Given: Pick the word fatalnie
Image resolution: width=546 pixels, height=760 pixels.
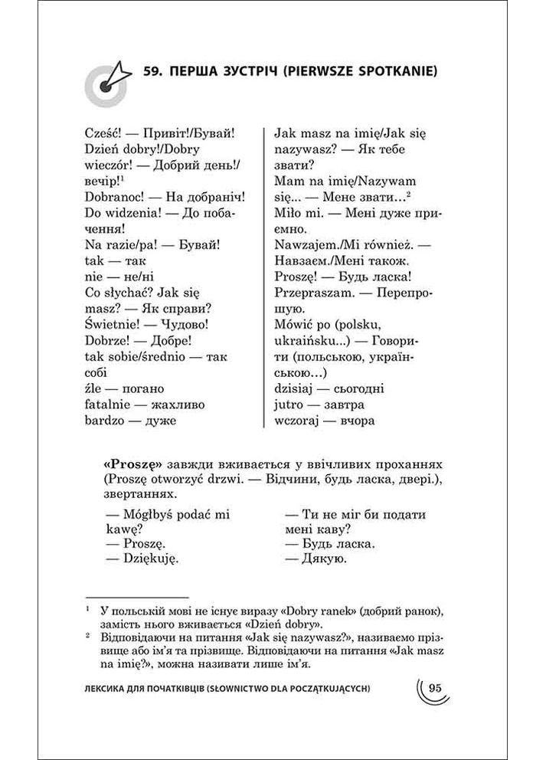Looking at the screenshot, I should pos(106,404).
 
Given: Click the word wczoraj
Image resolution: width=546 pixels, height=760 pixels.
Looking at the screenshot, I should pos(296,421).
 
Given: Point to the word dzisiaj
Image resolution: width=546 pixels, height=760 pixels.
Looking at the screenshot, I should pos(295,388).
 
